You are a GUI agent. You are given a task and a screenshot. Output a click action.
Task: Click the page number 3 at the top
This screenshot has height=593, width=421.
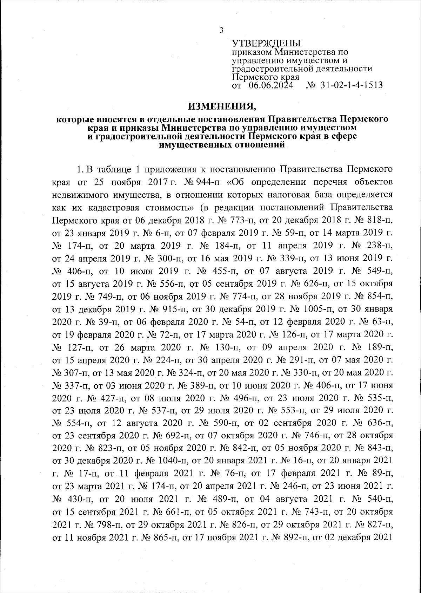[221, 30]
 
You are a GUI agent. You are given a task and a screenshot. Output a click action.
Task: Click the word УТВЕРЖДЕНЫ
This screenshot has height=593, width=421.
[267, 44]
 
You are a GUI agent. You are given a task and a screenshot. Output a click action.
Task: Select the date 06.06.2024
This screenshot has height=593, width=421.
[270, 85]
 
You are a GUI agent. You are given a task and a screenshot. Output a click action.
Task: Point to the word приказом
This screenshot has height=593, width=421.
[252, 52]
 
